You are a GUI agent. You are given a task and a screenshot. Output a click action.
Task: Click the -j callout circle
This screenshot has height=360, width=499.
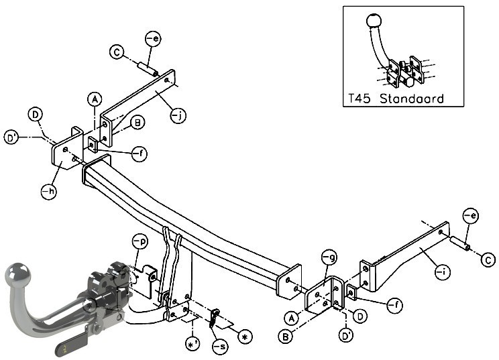coord(178,116)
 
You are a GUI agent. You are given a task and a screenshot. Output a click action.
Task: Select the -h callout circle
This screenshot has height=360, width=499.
coord(50,191)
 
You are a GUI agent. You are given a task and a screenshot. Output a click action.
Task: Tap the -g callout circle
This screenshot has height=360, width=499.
coord(329,257)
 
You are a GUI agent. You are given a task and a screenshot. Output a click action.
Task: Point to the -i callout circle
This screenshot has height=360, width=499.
coord(443,272)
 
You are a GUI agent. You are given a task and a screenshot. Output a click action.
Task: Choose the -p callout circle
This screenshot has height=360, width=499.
coord(140,242)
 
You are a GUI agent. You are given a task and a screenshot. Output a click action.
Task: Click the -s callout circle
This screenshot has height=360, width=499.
coord(220,346)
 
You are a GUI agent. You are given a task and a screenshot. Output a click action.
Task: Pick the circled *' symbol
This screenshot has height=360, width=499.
coord(193,345)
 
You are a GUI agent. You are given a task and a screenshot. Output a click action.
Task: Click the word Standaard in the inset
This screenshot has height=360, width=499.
coord(412,99)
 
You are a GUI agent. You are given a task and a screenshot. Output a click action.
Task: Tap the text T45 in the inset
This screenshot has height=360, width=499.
coord(359,99)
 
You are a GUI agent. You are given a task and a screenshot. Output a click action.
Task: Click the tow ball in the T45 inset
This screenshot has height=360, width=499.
coord(374,21)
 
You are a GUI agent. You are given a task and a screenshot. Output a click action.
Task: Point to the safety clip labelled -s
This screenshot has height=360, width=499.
coord(214,317)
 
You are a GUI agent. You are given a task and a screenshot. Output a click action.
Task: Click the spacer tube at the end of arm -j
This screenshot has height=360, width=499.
coord(148,70)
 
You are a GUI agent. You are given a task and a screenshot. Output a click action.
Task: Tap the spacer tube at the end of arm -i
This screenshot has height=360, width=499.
coord(460,243)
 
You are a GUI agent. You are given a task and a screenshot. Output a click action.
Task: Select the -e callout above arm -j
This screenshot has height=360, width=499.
coord(153,39)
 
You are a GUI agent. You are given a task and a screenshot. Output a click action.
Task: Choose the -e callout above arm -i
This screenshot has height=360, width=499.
coord(471,216)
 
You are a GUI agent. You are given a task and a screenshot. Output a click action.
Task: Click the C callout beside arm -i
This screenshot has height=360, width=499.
coord(488,260)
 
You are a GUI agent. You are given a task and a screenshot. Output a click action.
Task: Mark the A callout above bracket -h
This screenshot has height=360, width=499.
coord(95,99)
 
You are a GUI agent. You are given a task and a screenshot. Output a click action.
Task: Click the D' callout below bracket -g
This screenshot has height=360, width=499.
coord(346,335)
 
